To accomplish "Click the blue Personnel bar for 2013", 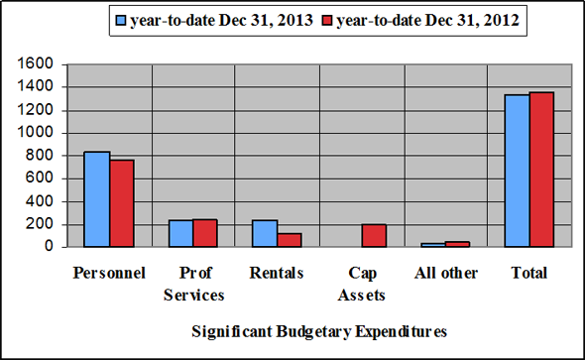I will tap(96, 199).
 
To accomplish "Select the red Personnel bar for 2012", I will tap(121, 203).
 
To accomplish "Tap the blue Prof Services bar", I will tap(180, 234).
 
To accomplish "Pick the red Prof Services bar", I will tap(205, 233).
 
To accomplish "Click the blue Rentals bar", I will tap(265, 234).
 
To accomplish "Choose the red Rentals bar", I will tap(290, 240).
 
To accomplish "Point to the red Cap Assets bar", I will tap(374, 236).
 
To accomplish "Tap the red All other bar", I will tap(458, 244).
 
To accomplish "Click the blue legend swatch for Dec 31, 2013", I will tap(120, 19).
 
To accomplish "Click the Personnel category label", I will tap(109, 273).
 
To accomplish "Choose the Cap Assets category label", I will tap(362, 283).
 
